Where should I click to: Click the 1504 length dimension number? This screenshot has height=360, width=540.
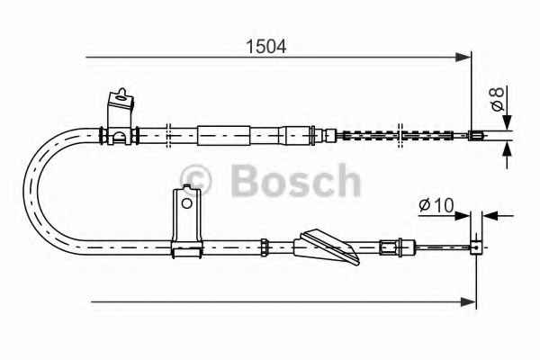pyautogui.click(x=265, y=47)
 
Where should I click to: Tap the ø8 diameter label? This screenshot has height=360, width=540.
pyautogui.click(x=498, y=99)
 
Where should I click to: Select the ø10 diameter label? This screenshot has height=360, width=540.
pyautogui.click(x=436, y=205)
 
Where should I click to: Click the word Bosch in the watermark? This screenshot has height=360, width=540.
pyautogui.click(x=296, y=181)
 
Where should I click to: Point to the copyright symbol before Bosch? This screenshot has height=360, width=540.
pyautogui.click(x=196, y=180)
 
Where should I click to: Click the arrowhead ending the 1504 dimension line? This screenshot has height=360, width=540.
pyautogui.click(x=463, y=58)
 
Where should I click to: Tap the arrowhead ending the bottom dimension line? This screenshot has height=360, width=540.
pyautogui.click(x=468, y=302)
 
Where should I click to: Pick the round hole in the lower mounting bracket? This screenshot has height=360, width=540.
pyautogui.click(x=186, y=203)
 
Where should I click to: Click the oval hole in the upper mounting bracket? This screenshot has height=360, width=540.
pyautogui.click(x=121, y=98)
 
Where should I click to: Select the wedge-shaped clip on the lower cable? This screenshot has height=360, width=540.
pyautogui.click(x=326, y=247)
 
